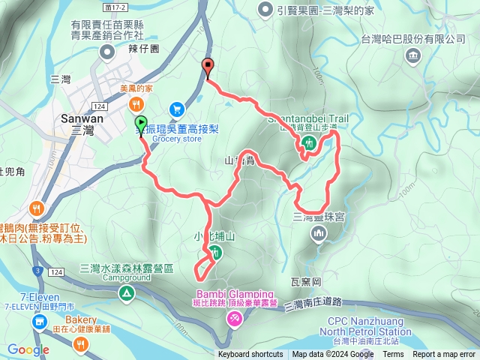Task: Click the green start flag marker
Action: (x=141, y=124)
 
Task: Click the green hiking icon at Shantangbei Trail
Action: (x=309, y=144)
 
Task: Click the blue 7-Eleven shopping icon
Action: (x=38, y=322)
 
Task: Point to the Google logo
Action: (x=28, y=349)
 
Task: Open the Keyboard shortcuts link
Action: (x=250, y=355)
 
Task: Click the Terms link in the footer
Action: (x=393, y=355)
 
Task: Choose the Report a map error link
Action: (x=444, y=355)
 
